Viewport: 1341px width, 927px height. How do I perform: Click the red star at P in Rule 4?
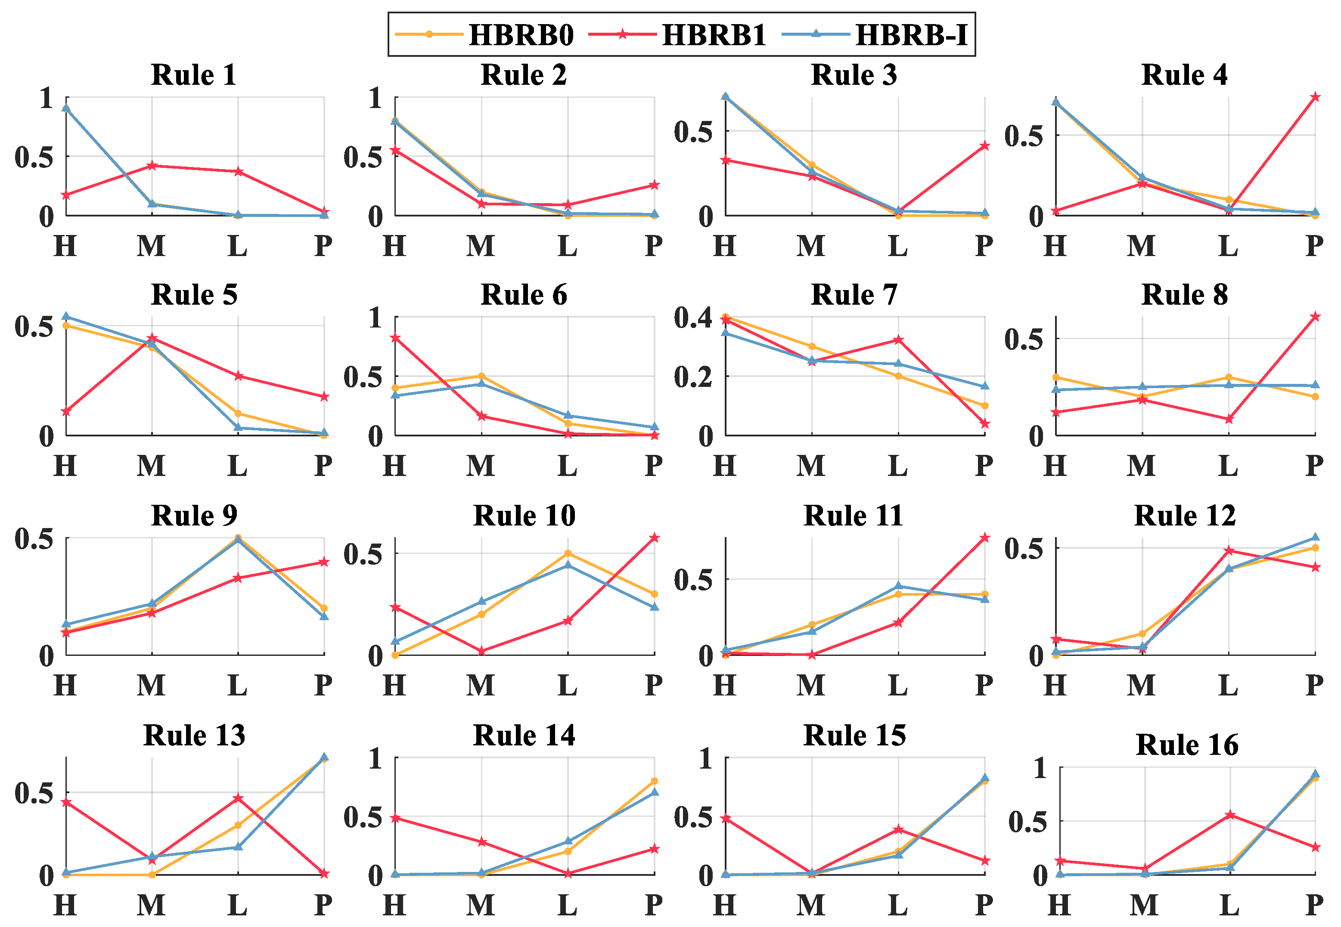click(x=1315, y=97)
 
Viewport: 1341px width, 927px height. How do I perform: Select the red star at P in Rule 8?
click(x=1315, y=317)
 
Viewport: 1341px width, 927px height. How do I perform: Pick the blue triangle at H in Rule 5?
click(x=66, y=317)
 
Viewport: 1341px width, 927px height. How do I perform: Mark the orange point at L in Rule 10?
click(x=568, y=553)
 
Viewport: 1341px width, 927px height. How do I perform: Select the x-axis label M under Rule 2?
click(x=481, y=246)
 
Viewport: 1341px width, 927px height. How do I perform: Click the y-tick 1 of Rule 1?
click(x=47, y=98)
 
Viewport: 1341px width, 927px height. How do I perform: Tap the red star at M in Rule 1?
click(x=152, y=166)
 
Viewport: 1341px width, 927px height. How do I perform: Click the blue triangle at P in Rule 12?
click(x=1315, y=537)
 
